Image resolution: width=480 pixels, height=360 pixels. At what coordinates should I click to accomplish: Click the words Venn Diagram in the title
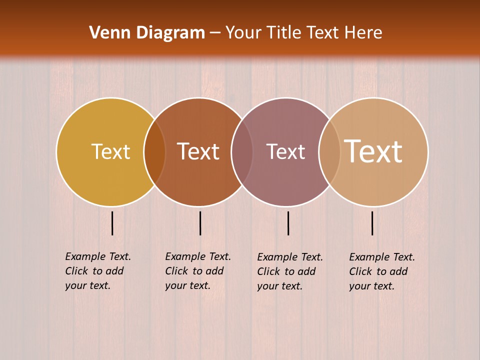point(147,33)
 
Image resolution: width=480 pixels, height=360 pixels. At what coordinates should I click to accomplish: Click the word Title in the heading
point(283,33)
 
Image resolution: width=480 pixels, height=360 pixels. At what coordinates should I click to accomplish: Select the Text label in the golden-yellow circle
point(110,151)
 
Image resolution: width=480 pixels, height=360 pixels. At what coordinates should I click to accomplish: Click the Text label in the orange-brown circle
point(198,151)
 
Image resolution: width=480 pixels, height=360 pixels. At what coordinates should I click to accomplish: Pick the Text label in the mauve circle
point(285,151)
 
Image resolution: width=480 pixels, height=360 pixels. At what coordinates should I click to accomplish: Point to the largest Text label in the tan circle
point(373,151)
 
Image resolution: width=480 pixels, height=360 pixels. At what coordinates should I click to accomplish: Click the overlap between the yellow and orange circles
point(154,151)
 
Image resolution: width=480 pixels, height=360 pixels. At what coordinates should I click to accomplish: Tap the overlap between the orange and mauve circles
point(242,151)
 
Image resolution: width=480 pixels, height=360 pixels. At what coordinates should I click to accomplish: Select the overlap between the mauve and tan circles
point(329,151)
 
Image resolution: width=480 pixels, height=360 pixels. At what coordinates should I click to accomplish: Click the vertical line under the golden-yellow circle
point(112,223)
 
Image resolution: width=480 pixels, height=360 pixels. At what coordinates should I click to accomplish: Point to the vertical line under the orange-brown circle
point(200,223)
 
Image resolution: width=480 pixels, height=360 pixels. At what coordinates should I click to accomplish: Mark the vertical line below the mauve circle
point(288,223)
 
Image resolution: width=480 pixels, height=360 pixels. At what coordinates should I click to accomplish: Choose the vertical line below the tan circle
point(372,223)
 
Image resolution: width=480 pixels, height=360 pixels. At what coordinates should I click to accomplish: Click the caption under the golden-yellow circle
point(98,271)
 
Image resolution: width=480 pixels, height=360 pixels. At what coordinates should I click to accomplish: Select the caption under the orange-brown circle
point(198,271)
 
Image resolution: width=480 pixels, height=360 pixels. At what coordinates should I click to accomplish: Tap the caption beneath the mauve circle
point(290,271)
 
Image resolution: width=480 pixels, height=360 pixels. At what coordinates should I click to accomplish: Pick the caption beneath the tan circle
point(382,271)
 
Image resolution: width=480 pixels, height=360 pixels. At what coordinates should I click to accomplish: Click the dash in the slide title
point(215,33)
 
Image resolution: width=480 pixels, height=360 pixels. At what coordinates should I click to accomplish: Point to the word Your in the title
point(244,33)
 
